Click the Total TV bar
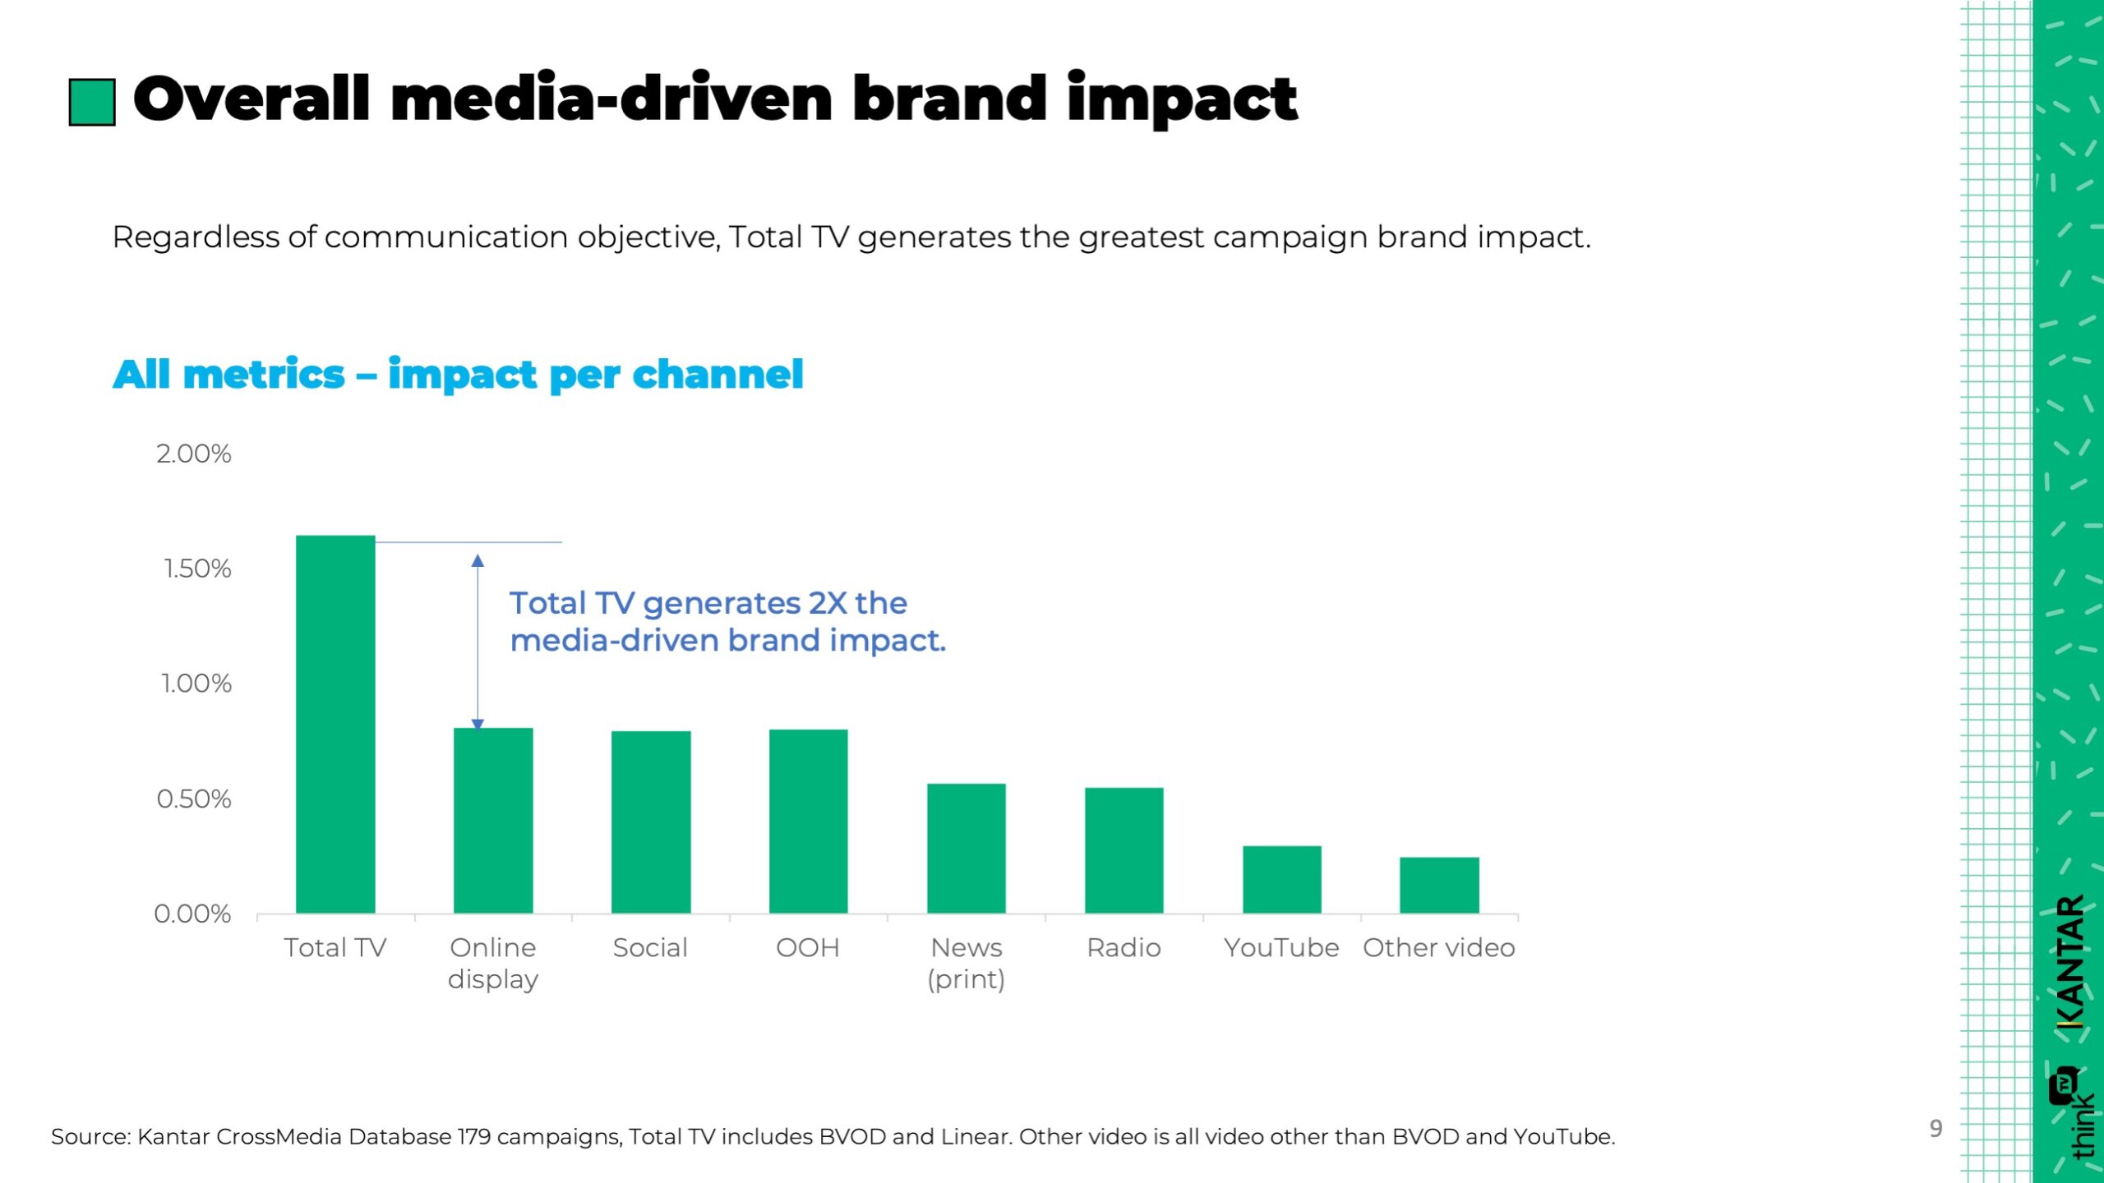335,724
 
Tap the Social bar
651,822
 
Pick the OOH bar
808,821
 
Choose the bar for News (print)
966,848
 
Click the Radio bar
1124,850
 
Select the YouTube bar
1281,879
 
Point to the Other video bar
1439,885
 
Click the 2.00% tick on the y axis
194,453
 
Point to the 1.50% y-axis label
197,568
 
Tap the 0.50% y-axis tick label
194,799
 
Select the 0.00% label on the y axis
192,914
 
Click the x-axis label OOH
808,948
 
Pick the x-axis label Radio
1124,948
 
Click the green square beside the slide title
92,102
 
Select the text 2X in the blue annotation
827,603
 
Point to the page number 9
1936,1128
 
